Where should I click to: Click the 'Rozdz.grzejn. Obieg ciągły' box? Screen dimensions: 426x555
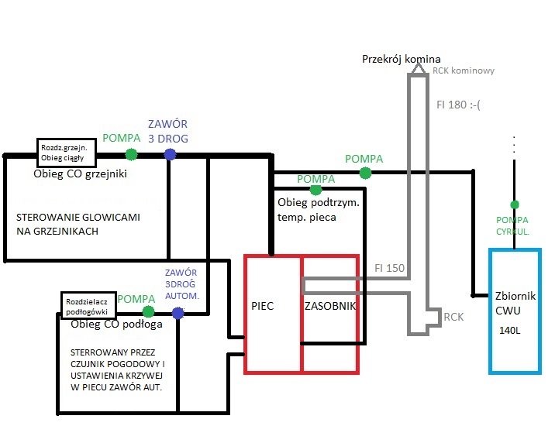[66, 152]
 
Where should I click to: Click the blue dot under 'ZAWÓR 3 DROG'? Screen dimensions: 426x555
[170, 154]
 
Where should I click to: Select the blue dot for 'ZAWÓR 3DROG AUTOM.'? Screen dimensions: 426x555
[178, 313]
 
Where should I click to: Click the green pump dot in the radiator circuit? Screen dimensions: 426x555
[131, 154]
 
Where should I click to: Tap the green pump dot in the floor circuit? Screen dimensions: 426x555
[148, 311]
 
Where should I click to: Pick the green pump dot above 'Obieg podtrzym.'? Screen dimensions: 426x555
[315, 190]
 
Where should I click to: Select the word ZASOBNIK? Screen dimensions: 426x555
[330, 305]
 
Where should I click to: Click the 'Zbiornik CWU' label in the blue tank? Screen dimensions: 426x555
[514, 304]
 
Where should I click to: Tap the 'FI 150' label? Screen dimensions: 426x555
[390, 268]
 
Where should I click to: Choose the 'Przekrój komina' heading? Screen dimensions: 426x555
[401, 59]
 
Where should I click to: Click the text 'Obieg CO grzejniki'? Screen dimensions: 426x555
[80, 173]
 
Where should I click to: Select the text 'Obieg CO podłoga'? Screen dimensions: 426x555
[115, 325]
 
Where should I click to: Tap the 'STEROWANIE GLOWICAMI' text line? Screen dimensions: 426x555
[78, 218]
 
